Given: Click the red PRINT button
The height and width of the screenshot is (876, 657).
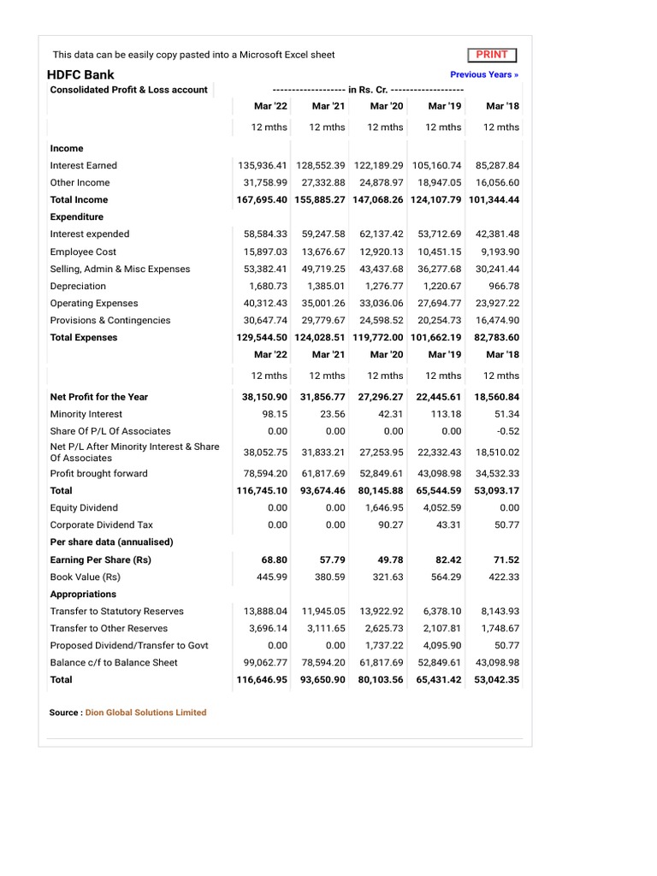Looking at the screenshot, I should pos(492,55).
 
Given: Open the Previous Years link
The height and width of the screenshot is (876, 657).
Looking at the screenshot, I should pos(484,74).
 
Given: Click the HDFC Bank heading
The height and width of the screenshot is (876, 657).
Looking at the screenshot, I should pos(80,74).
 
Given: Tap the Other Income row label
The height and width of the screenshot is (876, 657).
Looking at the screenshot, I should pos(80,182).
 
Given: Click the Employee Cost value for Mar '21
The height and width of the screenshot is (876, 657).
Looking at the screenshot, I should pos(323,252).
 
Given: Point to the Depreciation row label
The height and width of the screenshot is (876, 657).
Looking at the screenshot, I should pos(78,286).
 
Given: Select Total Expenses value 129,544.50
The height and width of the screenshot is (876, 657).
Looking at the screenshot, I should pos(262,337).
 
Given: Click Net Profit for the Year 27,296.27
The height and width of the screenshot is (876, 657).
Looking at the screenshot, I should pos(381,397).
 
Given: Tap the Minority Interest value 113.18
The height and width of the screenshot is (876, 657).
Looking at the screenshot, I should pos(445,414).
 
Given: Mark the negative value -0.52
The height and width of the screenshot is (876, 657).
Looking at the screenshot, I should pos(507,431).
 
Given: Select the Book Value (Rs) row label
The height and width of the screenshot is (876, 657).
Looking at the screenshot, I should pos(85,577).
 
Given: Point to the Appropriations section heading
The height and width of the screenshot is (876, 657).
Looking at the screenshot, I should pos(83,594).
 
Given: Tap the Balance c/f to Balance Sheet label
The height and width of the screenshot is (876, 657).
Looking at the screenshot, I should pos(114,663).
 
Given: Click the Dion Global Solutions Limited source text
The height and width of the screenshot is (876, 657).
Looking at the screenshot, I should pos(145,713).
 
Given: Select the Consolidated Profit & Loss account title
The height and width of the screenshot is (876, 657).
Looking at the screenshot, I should pos(128,90).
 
